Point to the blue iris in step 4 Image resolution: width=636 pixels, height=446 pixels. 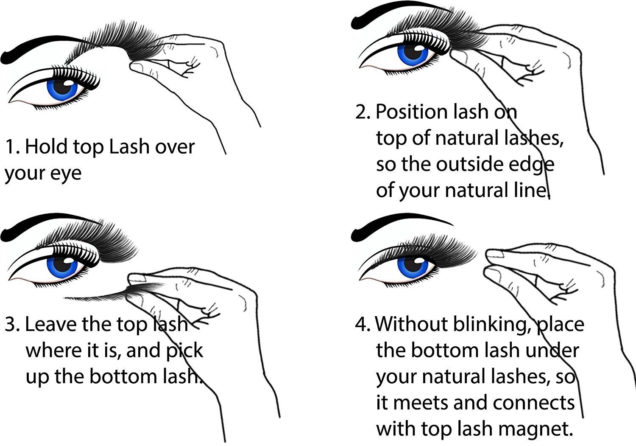click(412, 264)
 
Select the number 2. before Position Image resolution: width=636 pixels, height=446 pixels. click(363, 112)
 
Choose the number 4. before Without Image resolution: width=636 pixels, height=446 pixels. click(363, 325)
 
